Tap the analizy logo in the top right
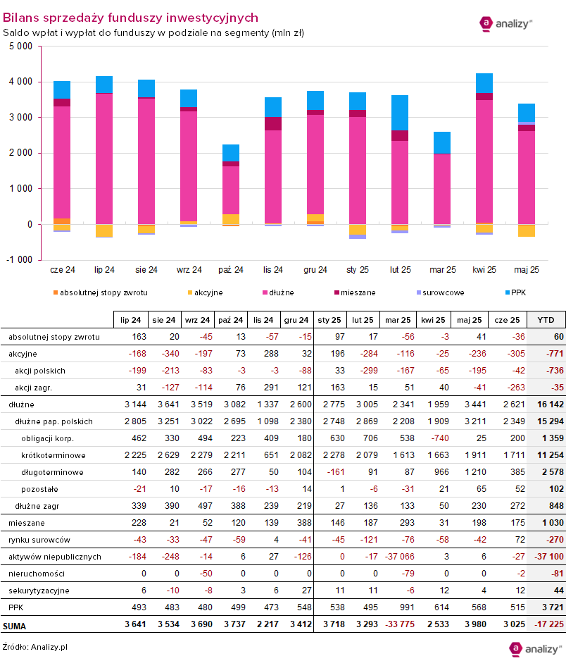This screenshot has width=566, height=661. [x=505, y=23]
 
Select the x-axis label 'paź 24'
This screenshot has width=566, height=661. [x=231, y=270]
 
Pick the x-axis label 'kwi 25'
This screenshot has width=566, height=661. [x=484, y=270]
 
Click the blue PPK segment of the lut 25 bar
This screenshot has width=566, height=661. [x=400, y=113]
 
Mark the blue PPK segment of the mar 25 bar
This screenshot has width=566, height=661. [x=442, y=142]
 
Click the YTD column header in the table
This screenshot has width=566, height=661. [x=546, y=319]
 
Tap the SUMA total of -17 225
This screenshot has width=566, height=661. [x=545, y=624]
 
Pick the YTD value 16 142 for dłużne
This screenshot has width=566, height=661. [x=546, y=404]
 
